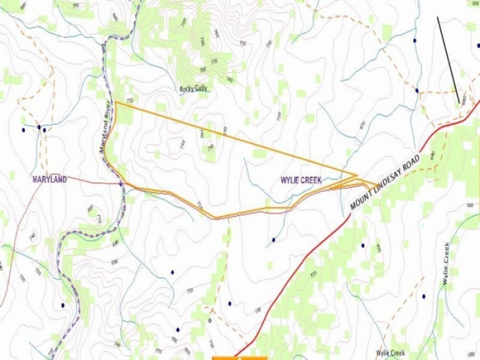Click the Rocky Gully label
tap(194, 89)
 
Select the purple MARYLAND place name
tap(49, 179)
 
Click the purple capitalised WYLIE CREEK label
tap(301, 180)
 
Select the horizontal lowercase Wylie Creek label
tap(391, 353)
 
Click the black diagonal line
tap(449, 60)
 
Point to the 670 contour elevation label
tap(362, 125)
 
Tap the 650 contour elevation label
tap(475, 3)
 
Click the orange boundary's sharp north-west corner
tap(116, 103)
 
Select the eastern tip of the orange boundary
tap(377, 185)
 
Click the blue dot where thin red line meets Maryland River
tap(121, 184)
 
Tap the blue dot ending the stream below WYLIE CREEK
tap(273, 240)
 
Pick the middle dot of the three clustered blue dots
tap(39, 127)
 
